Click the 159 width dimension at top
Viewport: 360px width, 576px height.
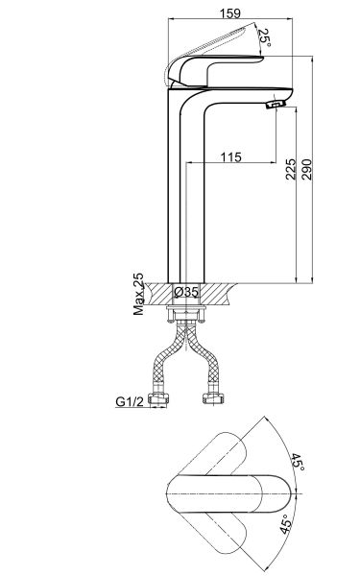point(230,13)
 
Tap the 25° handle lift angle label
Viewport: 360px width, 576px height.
point(265,37)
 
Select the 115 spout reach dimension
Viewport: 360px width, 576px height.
point(230,157)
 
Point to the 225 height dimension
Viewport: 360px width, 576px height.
point(290,169)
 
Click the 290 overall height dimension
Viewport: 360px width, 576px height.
point(306,169)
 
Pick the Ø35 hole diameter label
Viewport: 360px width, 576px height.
point(186,292)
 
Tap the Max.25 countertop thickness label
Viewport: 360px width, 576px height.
point(138,294)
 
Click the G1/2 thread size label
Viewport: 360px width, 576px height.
point(130,401)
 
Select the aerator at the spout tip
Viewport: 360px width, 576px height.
point(276,104)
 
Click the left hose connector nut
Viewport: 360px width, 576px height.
point(158,397)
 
